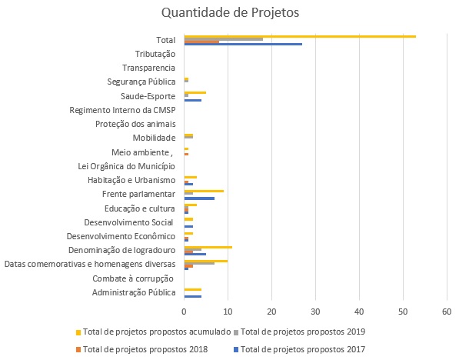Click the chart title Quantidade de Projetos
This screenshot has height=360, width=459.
[x=231, y=12]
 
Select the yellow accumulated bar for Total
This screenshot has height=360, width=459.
[x=300, y=36]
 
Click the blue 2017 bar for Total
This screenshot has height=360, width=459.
[x=243, y=45]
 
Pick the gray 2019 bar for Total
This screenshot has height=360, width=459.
[x=224, y=39]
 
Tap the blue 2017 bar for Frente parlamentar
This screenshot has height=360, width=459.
[x=199, y=198]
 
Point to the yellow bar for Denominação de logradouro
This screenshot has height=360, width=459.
[x=208, y=247]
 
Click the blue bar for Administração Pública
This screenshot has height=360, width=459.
[x=193, y=296]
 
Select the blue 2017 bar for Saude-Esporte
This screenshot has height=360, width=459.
[x=193, y=100]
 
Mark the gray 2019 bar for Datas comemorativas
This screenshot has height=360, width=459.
[x=199, y=263]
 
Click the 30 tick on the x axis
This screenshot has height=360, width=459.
[x=315, y=312]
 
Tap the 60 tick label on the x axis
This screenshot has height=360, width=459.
[x=447, y=312]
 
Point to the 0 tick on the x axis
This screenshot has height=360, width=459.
[x=184, y=312]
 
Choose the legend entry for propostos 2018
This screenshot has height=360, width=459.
[x=141, y=349]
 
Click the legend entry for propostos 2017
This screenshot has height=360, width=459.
[x=299, y=349]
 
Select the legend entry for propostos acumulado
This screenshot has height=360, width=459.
[x=154, y=332]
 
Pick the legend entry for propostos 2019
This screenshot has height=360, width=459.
[x=299, y=332]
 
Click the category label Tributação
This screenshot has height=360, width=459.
[x=155, y=54]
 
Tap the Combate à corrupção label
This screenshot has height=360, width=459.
[x=133, y=278]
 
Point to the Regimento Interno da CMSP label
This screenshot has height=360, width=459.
[x=122, y=110]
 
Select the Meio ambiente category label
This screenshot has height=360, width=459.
[x=142, y=152]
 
